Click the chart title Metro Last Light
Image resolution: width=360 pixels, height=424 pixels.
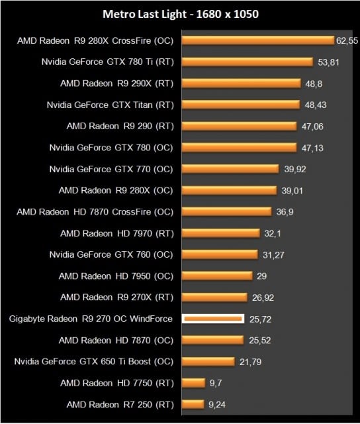point(179,13)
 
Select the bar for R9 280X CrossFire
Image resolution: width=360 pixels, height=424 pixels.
point(257,40)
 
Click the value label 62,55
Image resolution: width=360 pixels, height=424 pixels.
point(347,41)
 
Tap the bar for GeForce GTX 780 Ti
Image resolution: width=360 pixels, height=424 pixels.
point(247,62)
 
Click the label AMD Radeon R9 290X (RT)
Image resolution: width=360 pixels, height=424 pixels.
point(116,83)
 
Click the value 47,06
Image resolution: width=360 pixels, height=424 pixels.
point(312,127)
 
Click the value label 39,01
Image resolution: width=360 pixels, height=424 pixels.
point(292,191)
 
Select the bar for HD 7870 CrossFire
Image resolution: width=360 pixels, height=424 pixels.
point(226,212)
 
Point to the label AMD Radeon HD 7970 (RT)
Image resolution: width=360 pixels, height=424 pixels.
point(116,233)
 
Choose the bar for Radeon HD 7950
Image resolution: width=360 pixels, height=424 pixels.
point(217,276)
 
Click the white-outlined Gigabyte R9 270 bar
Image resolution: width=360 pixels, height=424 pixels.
point(213,319)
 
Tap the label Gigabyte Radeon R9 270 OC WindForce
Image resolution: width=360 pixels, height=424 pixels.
point(91,319)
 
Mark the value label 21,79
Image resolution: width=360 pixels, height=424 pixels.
point(251,362)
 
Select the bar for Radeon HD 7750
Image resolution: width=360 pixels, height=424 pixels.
point(193,383)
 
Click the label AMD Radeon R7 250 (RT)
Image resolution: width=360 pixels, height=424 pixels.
point(120,404)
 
